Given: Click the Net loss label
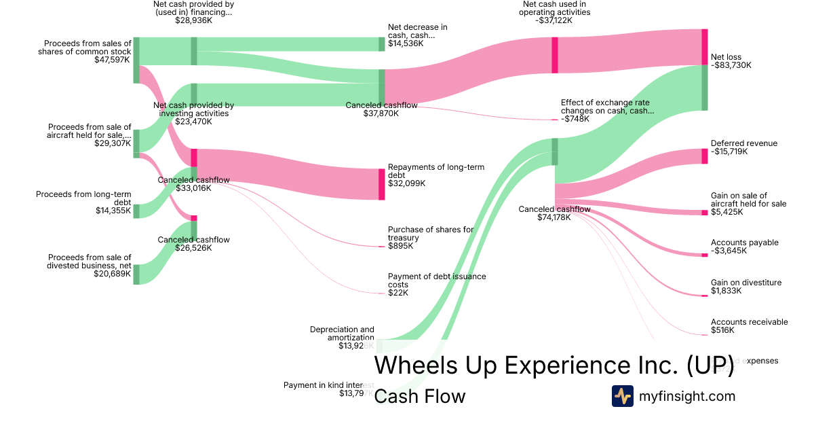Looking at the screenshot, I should (726, 57).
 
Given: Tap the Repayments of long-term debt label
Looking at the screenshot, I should (435, 171).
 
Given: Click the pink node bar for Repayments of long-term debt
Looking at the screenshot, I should (381, 184).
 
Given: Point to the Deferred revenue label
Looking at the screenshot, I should (744, 143).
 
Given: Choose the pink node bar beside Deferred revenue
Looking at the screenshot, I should (704, 156).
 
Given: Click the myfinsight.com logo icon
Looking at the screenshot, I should (622, 396).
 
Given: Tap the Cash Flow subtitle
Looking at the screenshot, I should (419, 396).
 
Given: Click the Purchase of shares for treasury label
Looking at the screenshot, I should (431, 234).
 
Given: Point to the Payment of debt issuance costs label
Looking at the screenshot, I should (437, 281).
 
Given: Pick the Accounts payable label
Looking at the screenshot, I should (744, 243).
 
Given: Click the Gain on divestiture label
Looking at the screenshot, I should (745, 283).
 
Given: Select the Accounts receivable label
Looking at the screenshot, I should (749, 322).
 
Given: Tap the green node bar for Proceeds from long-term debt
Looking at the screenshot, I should (136, 211).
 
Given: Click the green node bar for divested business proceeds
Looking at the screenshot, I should (136, 274).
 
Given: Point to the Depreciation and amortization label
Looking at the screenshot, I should (342, 333).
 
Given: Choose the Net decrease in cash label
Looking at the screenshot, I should (417, 31).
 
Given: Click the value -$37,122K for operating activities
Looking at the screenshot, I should (554, 20).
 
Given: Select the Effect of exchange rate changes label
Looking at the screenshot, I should (607, 107).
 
